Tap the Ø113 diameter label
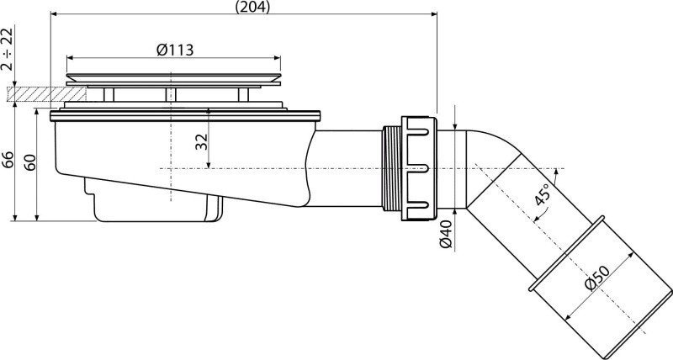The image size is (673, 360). [174, 50]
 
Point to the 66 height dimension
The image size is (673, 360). [8, 161]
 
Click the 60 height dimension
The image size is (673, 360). [30, 161]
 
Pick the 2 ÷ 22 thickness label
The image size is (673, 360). [8, 49]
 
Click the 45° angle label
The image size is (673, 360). [542, 195]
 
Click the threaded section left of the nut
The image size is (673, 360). [390, 168]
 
